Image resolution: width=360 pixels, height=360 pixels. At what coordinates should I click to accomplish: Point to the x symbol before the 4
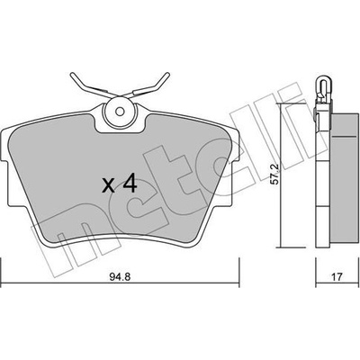tap(108, 185)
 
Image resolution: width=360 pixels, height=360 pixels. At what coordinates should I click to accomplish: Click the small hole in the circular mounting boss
tap(120, 112)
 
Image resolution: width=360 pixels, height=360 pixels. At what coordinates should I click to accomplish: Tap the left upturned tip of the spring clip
tap(73, 75)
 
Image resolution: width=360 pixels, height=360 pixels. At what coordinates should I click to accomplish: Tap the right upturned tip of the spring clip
tap(166, 75)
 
